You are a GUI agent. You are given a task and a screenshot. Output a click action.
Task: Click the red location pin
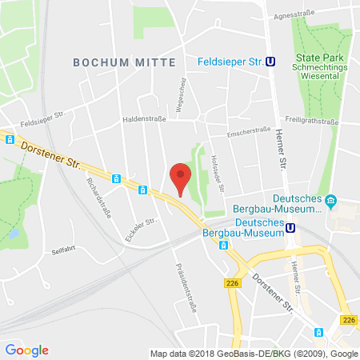click(x=182, y=178)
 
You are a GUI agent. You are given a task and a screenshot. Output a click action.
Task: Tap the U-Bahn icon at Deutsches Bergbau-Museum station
click(x=292, y=227)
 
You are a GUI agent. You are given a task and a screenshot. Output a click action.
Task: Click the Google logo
click(x=26, y=350)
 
